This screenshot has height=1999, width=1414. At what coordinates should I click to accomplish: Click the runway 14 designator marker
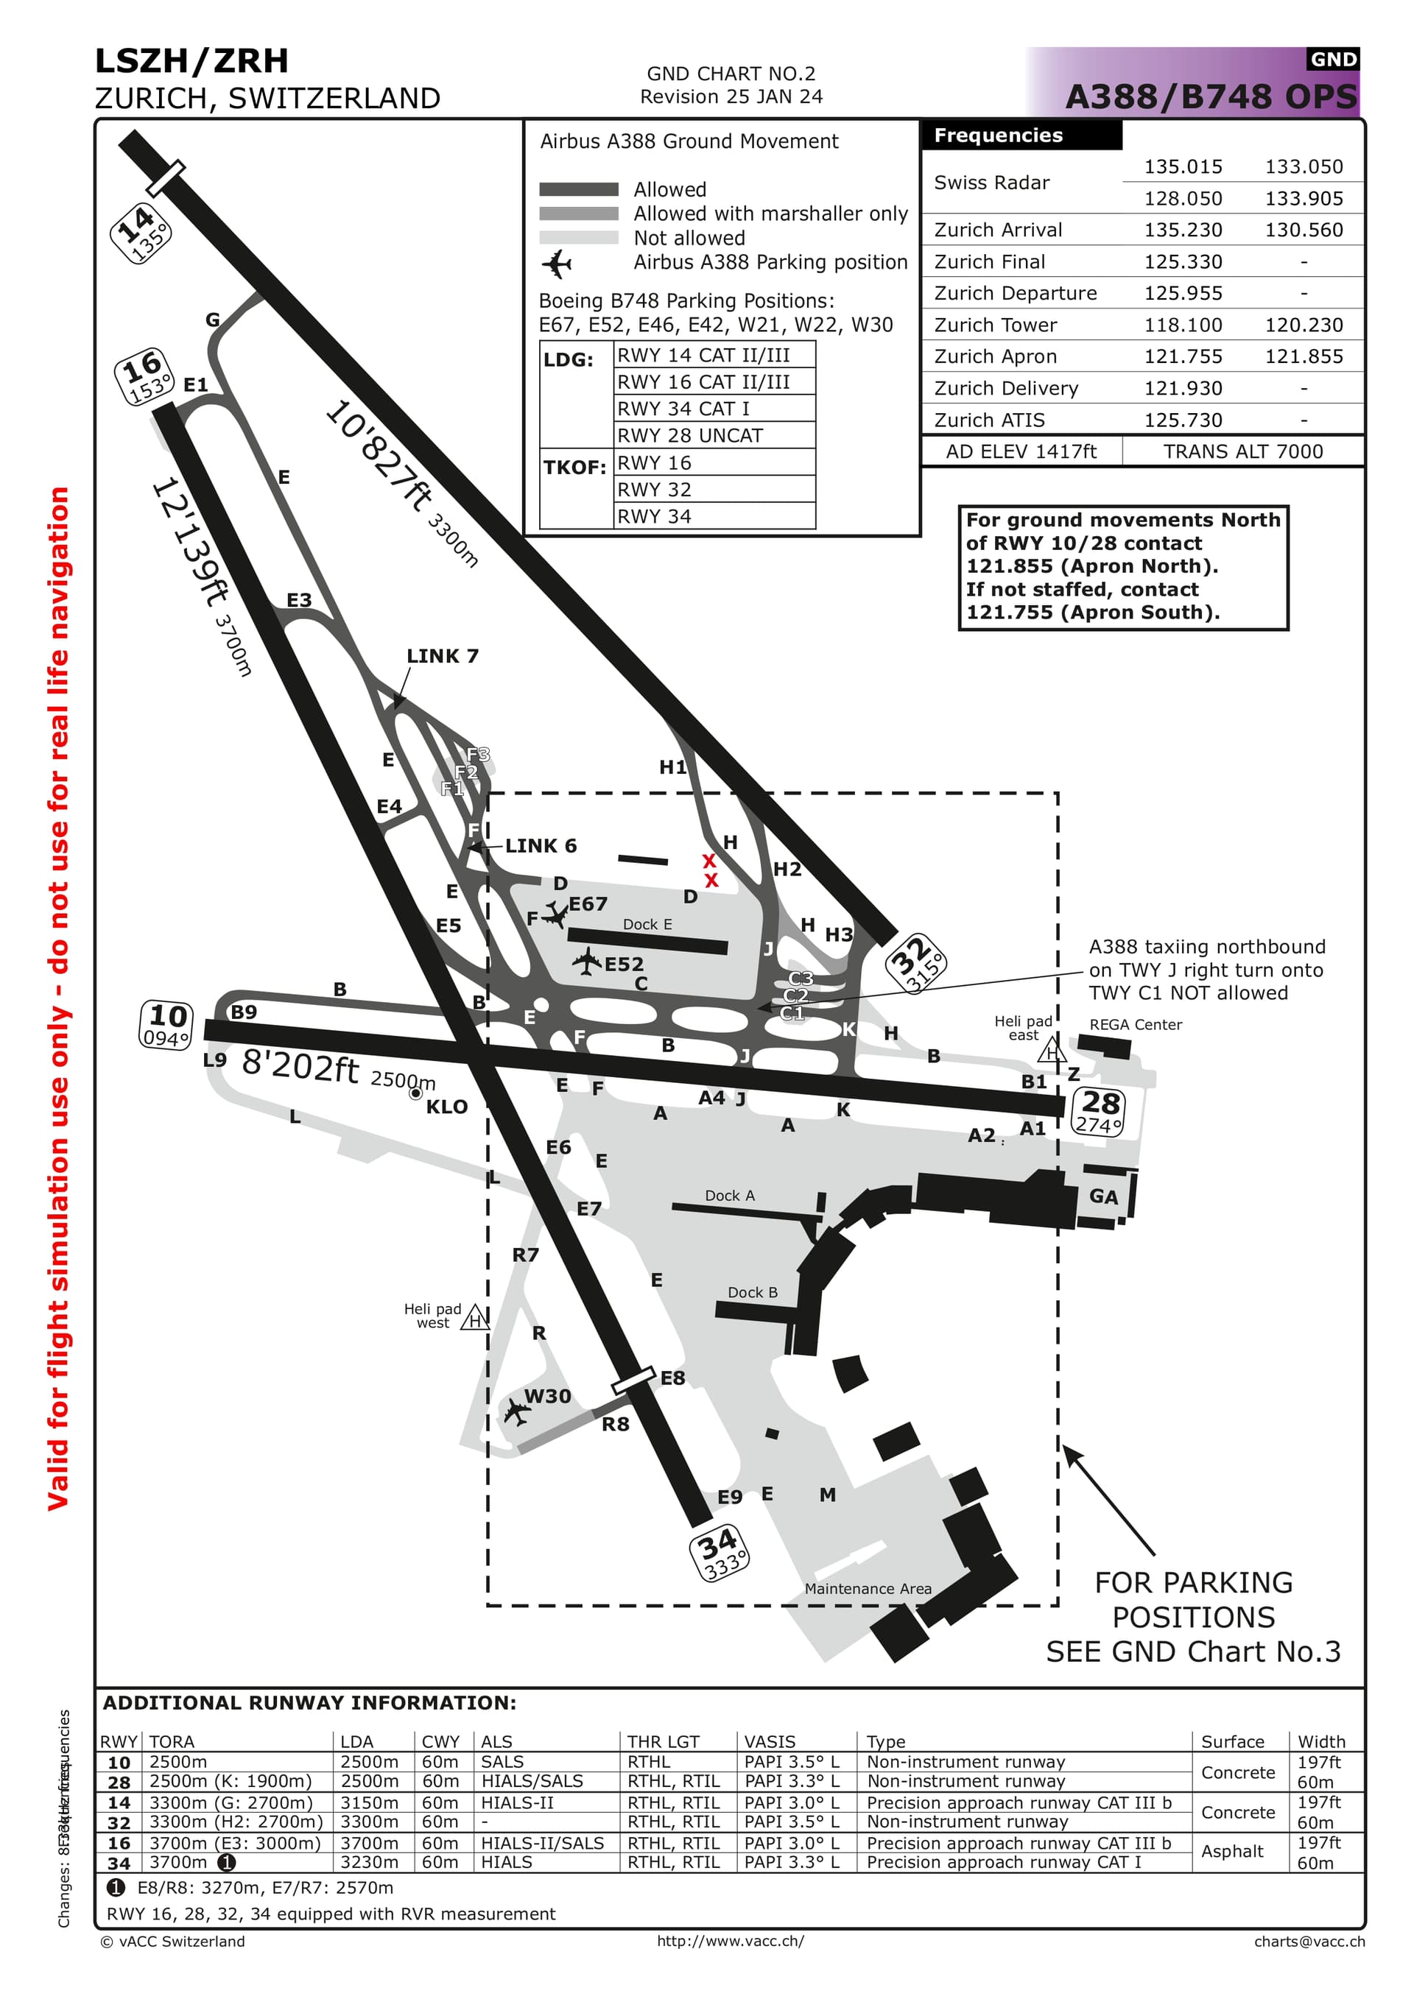(140, 233)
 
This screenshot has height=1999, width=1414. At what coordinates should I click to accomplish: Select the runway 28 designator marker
(1099, 1112)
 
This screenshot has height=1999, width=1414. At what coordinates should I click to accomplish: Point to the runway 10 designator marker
(166, 1024)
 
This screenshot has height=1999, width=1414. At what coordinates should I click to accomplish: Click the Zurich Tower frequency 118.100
(1183, 325)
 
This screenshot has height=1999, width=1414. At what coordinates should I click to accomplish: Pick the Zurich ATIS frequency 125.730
(1183, 420)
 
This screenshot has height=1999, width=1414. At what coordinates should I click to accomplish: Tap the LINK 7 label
(443, 655)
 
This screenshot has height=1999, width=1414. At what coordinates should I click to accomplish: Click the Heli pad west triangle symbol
(474, 1319)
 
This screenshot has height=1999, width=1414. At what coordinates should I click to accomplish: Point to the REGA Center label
(1136, 1025)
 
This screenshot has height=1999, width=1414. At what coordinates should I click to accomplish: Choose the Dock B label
(752, 1292)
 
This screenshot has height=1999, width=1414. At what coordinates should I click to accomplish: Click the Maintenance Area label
(868, 1589)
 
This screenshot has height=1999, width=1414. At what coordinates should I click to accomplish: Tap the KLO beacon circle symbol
(416, 1093)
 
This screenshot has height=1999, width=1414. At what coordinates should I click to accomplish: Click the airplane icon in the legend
(556, 263)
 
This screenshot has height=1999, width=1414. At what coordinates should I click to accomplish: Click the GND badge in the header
(1333, 59)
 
